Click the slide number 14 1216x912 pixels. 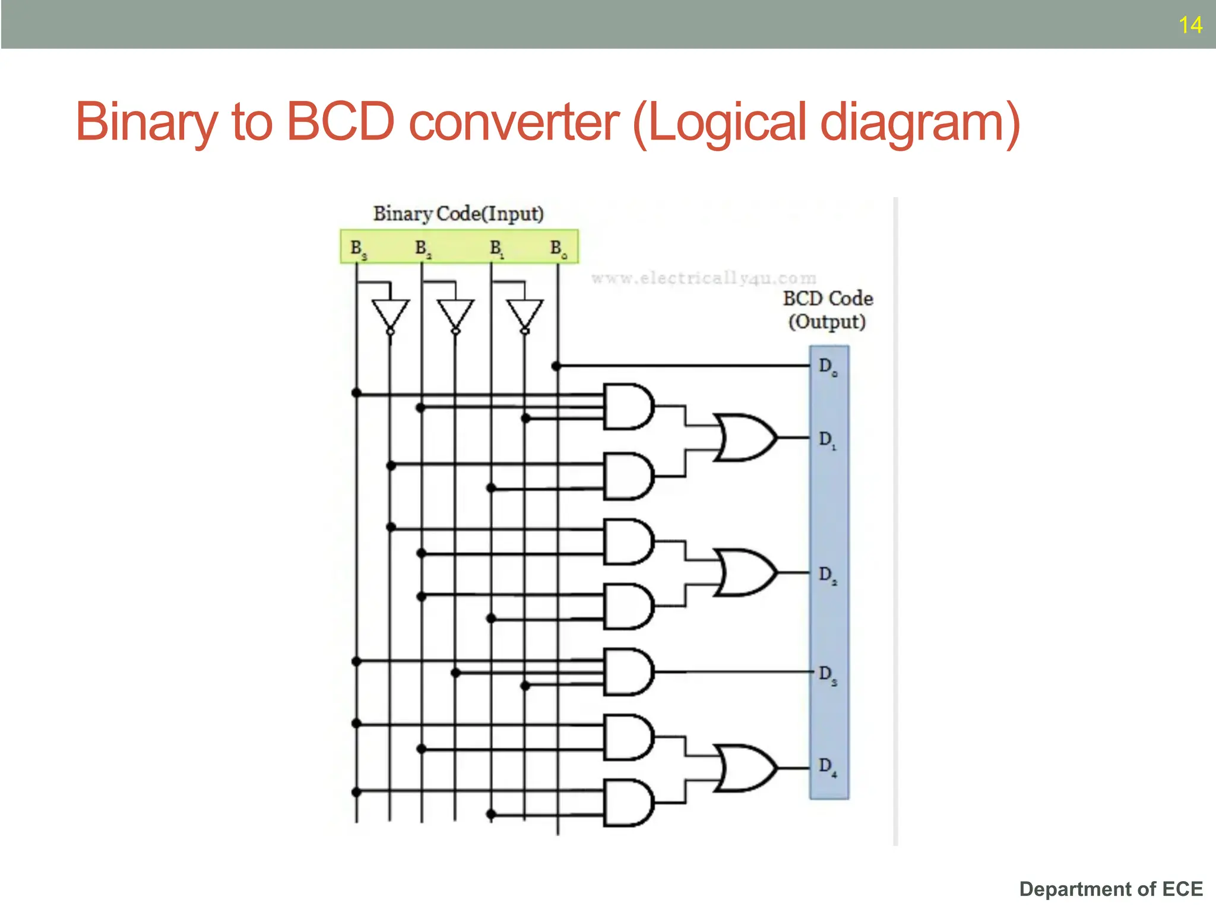(1190, 25)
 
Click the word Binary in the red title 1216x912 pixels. (146, 123)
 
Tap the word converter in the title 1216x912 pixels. (514, 123)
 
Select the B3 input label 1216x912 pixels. (358, 248)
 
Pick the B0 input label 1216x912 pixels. (558, 248)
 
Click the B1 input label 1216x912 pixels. (496, 248)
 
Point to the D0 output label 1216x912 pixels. (828, 366)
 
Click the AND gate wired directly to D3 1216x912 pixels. (628, 672)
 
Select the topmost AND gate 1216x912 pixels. (628, 407)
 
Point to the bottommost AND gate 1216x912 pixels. (628, 803)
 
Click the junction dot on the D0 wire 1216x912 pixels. (556, 366)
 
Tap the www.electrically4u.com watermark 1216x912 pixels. (704, 278)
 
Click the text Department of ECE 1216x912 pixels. (1111, 889)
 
